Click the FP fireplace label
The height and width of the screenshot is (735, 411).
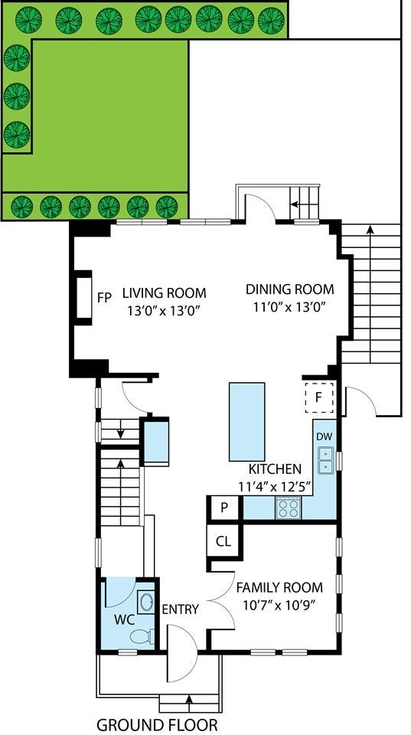(104, 297)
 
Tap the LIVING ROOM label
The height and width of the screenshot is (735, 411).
(164, 293)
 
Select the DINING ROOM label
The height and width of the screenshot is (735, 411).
(289, 289)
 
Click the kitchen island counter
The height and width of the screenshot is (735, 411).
(246, 421)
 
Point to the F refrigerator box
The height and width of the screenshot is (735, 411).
(319, 397)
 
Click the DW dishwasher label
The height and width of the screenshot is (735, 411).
(324, 436)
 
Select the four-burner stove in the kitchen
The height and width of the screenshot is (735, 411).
(289, 508)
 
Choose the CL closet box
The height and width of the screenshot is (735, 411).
(223, 541)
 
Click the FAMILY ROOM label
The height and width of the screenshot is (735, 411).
(279, 587)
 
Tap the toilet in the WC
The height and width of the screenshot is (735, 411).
(142, 636)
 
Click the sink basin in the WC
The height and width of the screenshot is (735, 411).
(145, 602)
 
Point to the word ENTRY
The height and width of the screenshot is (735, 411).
(181, 609)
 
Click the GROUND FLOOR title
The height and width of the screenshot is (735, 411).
(157, 724)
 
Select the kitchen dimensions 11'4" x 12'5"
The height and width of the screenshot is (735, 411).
(275, 487)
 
